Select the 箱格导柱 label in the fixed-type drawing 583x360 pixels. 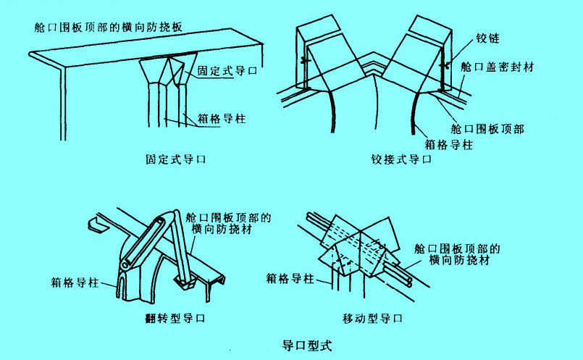tap(219, 117)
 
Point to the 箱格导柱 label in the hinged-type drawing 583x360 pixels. tap(448, 145)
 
